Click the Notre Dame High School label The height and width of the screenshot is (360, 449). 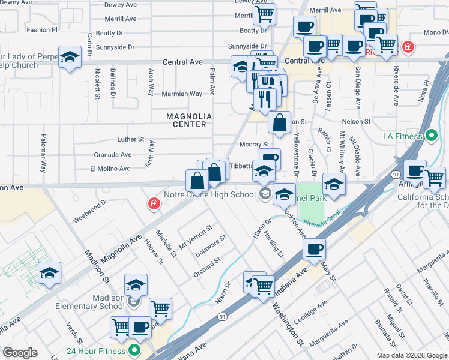coord(209,194)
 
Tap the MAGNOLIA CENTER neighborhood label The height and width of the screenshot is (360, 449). coord(187,120)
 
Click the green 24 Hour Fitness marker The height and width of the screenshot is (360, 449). coord(134,351)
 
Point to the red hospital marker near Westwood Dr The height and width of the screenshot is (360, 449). coord(154,205)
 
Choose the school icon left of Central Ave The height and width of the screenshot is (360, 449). coord(70,58)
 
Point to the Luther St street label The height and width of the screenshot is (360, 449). coord(131,139)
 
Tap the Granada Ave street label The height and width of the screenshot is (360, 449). coord(112,154)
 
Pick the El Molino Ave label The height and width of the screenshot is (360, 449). coord(110,169)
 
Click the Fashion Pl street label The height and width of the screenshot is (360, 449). coord(42,29)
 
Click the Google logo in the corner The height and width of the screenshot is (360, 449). coord(20,352)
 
